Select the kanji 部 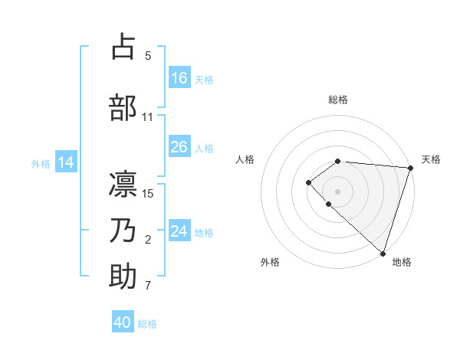point(123,106)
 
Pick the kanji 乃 point(123,231)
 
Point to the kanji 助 point(123,277)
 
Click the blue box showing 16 point(179,78)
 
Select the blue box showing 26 point(179,148)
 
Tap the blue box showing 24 point(179,231)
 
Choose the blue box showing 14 point(66,162)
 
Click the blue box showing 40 point(123,323)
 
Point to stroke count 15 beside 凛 point(148,193)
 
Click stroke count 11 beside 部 point(148,117)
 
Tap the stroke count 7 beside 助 point(148,286)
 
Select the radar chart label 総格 point(338,100)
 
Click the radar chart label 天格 point(431,159)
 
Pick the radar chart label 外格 point(270,262)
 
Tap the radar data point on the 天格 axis point(411,168)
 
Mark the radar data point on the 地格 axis point(383,253)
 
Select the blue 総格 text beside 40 point(147,324)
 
